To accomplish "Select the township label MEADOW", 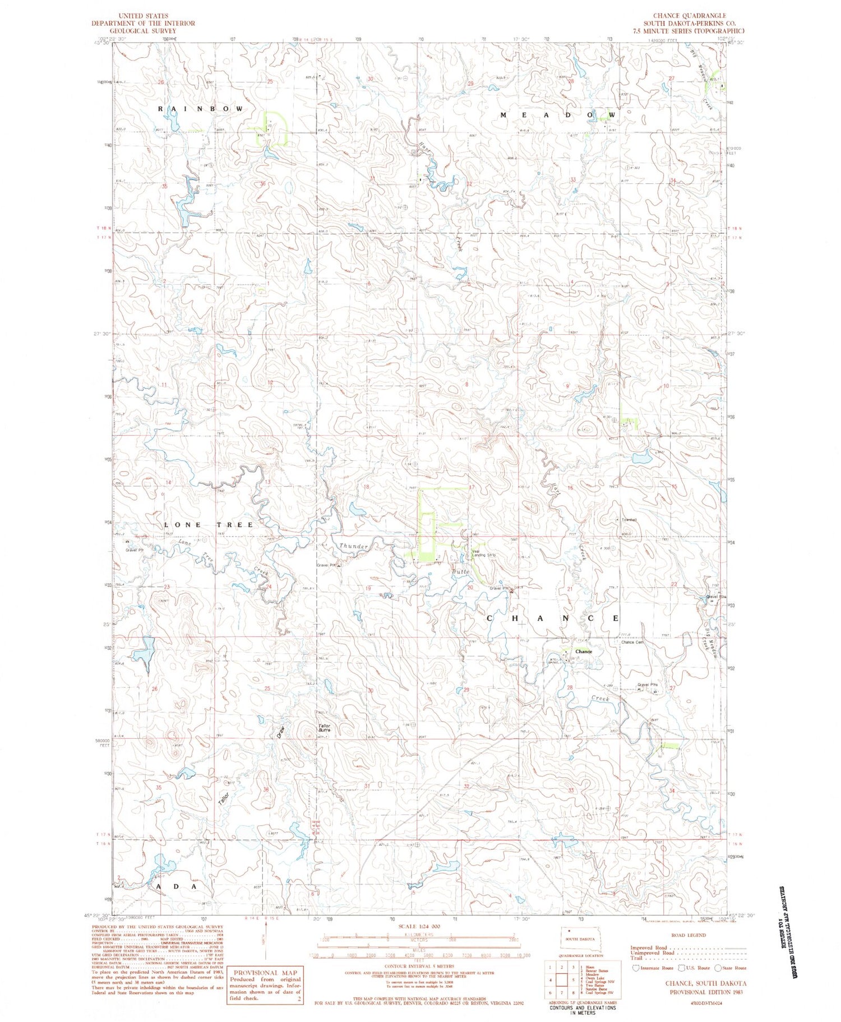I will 558,115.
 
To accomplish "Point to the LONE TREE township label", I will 209,525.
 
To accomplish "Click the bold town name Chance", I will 584,651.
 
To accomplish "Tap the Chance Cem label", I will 631,642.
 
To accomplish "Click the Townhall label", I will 627,520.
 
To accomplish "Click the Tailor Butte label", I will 325,728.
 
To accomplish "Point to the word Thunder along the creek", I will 354,546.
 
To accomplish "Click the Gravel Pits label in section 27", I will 646,685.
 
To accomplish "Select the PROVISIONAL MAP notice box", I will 264,984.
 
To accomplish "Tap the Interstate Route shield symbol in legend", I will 636,968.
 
